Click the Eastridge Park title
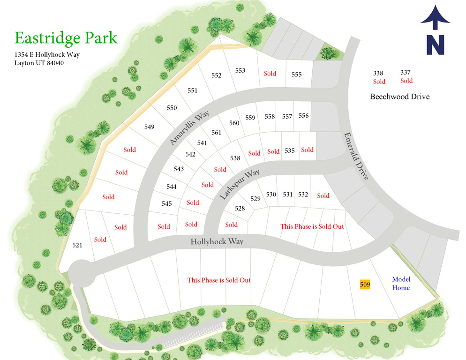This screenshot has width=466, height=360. pos(66,37)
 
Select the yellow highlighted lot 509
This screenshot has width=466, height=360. pos(365,284)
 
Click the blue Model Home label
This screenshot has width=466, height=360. pos(401,284)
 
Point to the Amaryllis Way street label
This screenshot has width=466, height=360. pos(189,128)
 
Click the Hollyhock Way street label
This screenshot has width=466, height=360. pos(217,242)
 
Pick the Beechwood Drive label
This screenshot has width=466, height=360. pos(399,97)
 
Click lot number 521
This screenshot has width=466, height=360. pos(77,245)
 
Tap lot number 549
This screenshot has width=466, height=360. pos(149,127)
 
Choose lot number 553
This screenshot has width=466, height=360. pos(240,71)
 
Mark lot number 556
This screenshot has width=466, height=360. pos(303,115)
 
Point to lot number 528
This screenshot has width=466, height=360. pos(240,208)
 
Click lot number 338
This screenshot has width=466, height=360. pos(378,73)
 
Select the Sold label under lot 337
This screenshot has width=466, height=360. pos(406,81)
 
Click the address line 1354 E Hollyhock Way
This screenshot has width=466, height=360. pos(47,54)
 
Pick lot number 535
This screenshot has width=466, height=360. pos(289,150)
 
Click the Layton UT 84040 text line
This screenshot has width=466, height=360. pos(39,63)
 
